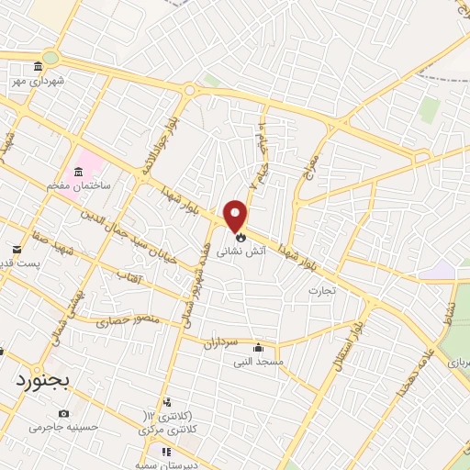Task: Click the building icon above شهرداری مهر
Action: (38, 66)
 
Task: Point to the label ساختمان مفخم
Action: (82, 185)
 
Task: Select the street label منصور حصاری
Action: (127, 321)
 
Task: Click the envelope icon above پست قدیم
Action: (17, 249)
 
